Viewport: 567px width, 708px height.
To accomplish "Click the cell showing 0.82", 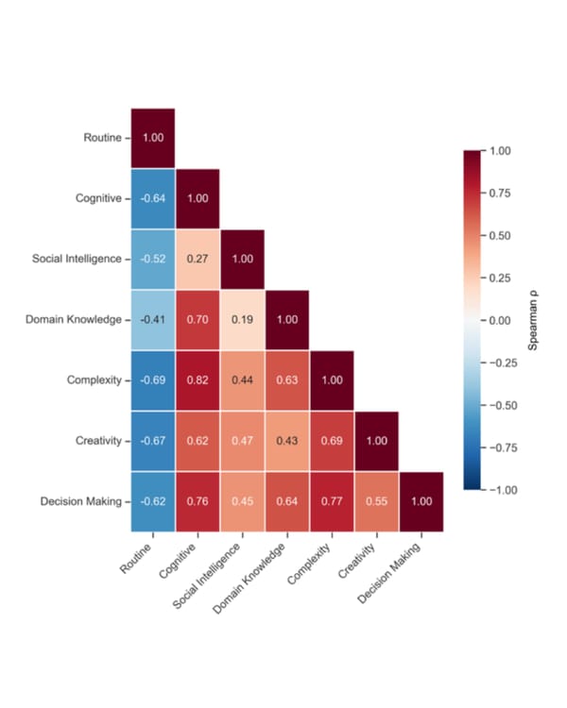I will (x=198, y=380).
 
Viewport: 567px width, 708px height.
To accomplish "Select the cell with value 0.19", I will (x=243, y=320).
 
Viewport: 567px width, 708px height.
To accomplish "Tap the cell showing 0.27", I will (x=198, y=260).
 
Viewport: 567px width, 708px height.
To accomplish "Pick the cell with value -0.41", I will (x=152, y=320).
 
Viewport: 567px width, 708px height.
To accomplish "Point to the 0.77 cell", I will (x=333, y=501).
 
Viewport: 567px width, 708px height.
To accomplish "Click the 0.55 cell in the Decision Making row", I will (x=377, y=501).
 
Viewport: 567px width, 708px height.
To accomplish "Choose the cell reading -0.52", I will (x=152, y=260).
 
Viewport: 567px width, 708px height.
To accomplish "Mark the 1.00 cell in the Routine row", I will (x=152, y=138).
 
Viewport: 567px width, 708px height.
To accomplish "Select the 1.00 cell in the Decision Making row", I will (x=421, y=501).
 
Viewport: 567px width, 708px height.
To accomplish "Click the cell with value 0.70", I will (x=198, y=320).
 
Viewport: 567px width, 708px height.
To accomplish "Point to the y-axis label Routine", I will (x=103, y=139).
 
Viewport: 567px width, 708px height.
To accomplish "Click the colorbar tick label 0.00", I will (x=503, y=320).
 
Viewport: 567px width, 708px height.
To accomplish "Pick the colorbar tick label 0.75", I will (x=503, y=194).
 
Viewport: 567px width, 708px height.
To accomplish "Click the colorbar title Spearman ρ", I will (x=534, y=320).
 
